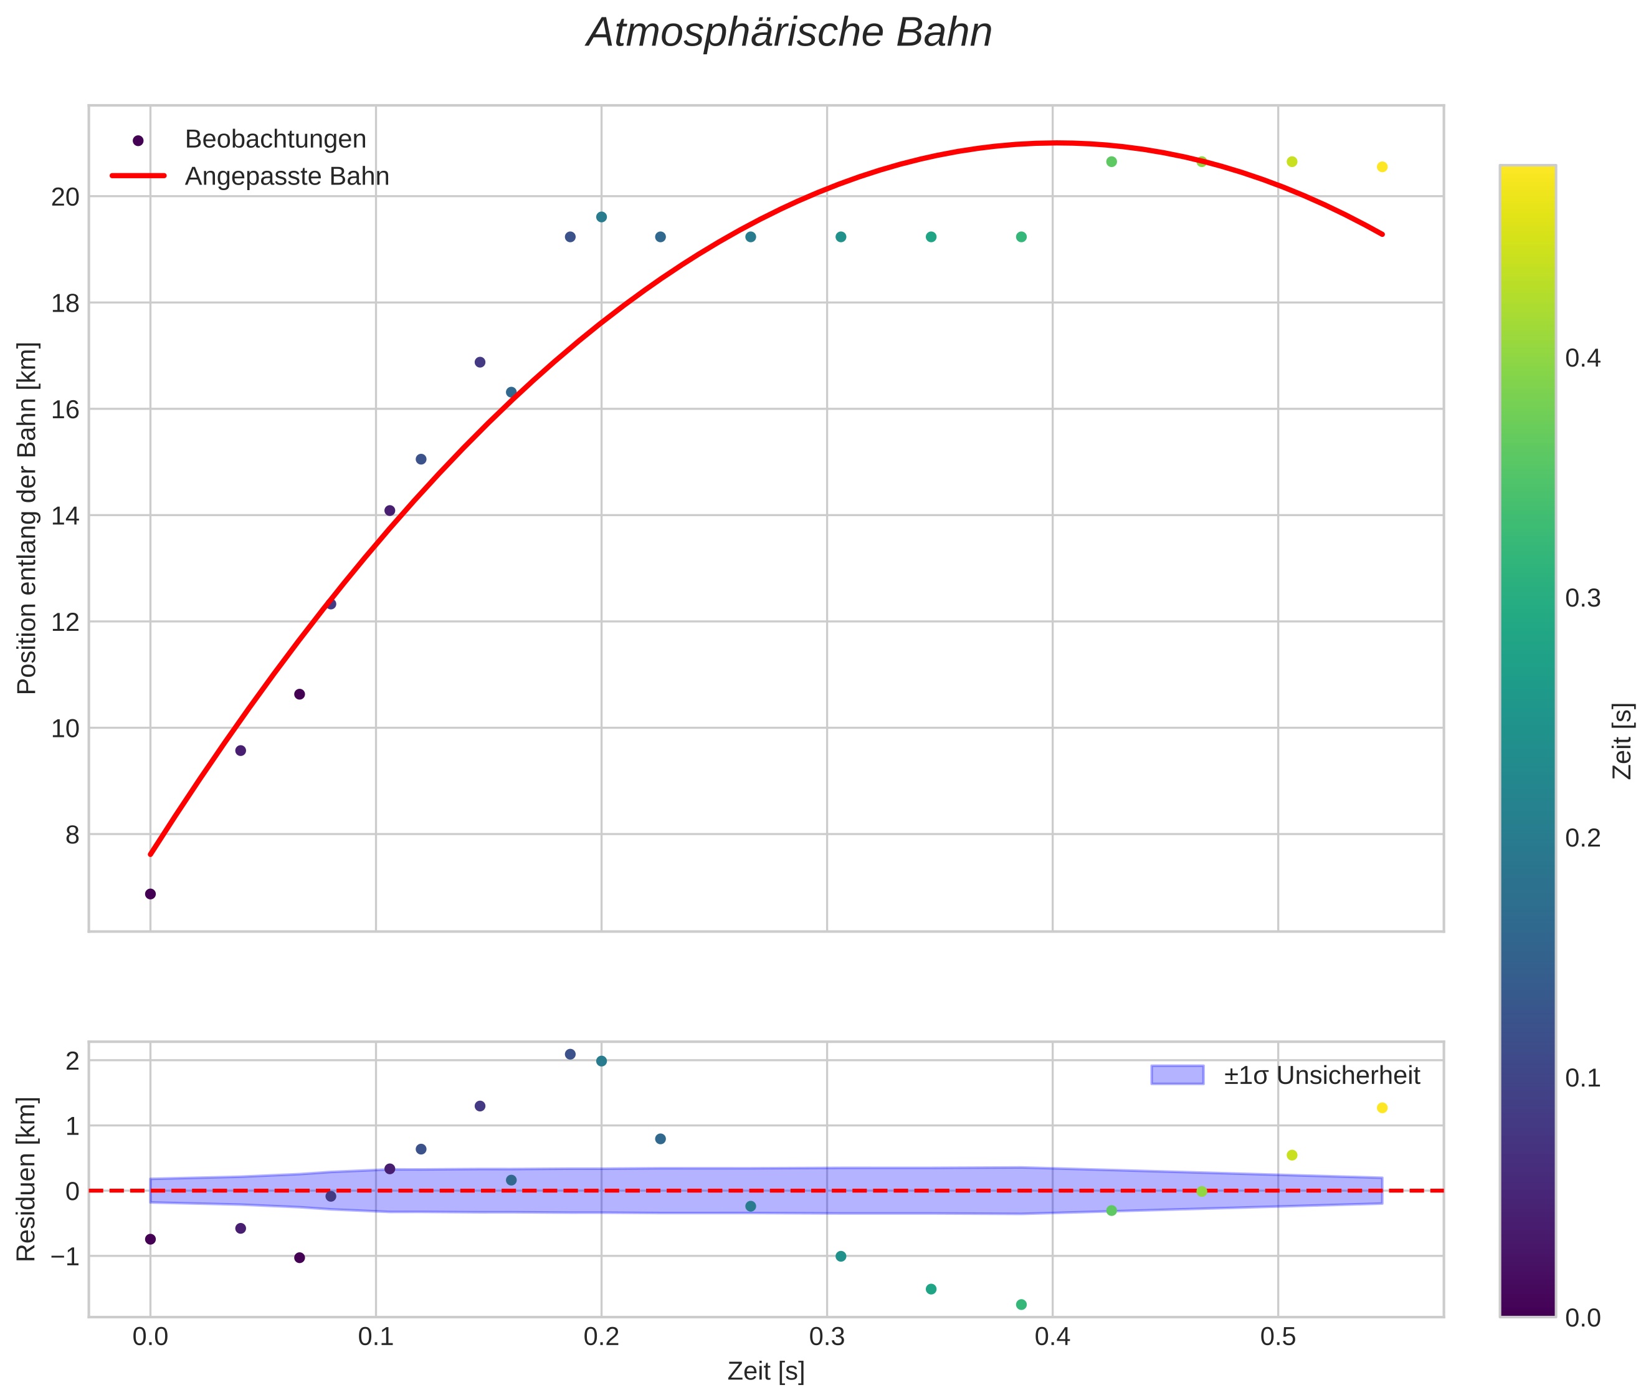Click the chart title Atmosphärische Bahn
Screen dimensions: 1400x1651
point(789,33)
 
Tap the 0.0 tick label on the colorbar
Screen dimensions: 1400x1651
point(1582,1318)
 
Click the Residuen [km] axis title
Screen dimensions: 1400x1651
point(27,1179)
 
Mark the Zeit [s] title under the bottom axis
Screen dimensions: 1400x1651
point(766,1371)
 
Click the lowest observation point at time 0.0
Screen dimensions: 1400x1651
point(150,894)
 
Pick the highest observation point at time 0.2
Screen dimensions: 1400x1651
point(601,217)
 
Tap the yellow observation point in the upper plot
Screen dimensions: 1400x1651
point(1382,166)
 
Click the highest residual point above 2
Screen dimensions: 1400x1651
point(569,1054)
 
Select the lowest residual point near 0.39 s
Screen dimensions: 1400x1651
point(1021,1304)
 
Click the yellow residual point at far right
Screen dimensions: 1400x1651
point(1382,1108)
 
